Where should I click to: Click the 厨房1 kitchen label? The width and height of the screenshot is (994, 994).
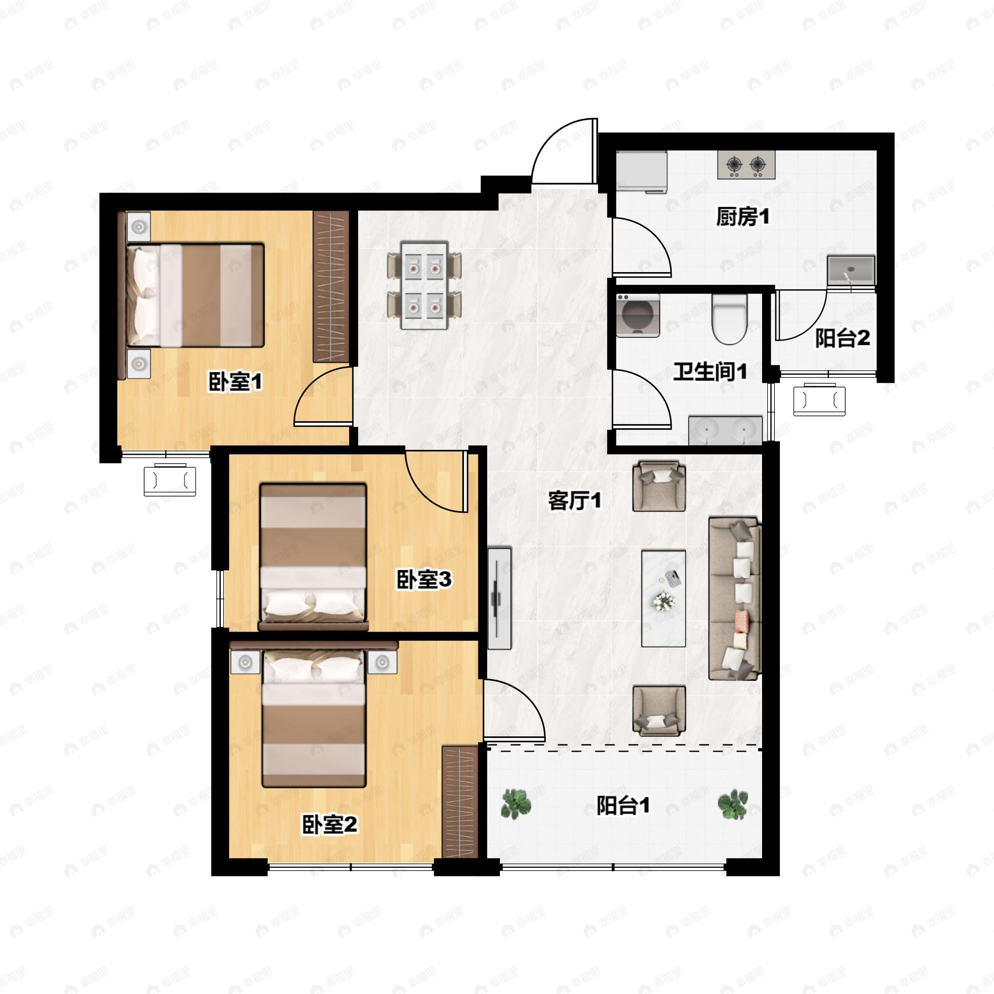743,217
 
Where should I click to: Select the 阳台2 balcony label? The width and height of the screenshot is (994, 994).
842,338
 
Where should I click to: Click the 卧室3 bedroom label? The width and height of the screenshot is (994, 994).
423,579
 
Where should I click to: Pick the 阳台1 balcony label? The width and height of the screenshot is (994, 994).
622,805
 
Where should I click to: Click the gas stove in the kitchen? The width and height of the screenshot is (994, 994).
746,165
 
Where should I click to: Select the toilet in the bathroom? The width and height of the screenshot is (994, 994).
729,319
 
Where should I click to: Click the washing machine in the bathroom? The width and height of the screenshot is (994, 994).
638,315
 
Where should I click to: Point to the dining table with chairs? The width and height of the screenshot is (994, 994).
424,286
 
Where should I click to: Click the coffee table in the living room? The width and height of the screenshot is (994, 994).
663,598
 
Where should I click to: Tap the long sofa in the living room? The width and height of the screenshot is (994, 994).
734,598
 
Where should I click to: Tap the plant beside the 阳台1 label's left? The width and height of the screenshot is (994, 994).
516,805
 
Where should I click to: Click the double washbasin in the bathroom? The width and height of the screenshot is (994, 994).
725,430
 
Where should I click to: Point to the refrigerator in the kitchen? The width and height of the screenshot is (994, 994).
642,172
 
